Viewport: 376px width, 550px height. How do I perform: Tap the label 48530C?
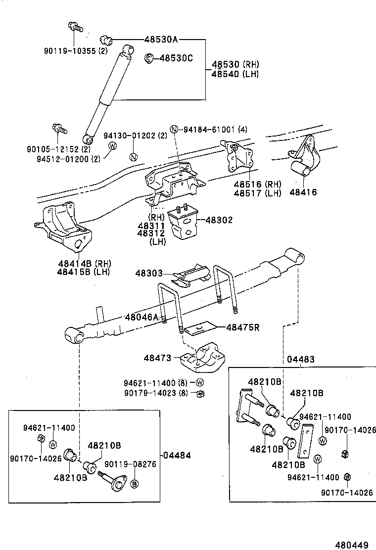176,58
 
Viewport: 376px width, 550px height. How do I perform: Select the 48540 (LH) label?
235,74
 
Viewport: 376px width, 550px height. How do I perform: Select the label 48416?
303,192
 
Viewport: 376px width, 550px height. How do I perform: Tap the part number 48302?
219,220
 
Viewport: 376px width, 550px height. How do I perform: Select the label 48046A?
142,317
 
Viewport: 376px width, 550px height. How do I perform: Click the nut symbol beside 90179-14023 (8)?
200,393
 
